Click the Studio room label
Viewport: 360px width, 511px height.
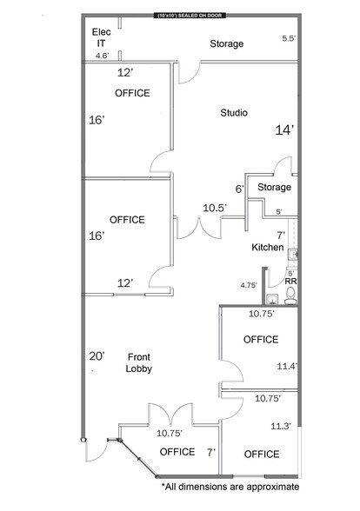tap(234, 112)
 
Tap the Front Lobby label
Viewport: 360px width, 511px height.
tap(140, 362)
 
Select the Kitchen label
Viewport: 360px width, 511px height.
tap(268, 248)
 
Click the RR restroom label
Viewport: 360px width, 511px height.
tap(290, 282)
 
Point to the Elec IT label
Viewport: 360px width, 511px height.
tap(101, 37)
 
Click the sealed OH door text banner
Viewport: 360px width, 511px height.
tap(189, 17)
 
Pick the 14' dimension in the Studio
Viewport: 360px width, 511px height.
tap(284, 129)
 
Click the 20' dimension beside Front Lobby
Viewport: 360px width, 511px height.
tap(97, 355)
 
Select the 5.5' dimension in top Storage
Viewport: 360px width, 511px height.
tap(289, 38)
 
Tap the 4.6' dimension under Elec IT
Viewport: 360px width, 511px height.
tap(103, 56)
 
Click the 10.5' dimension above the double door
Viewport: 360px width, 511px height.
tap(215, 208)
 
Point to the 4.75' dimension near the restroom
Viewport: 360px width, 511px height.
tap(250, 284)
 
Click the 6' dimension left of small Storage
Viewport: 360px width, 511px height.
tap(239, 189)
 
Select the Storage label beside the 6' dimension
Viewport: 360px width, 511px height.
tap(274, 187)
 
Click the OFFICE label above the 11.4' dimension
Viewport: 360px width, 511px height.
tap(261, 339)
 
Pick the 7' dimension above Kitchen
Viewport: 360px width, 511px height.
tap(280, 236)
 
